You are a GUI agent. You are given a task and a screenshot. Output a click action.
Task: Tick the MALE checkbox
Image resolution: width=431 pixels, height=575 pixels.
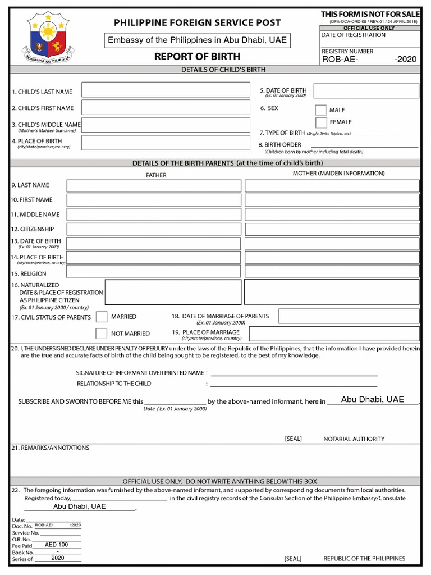click(x=320, y=110)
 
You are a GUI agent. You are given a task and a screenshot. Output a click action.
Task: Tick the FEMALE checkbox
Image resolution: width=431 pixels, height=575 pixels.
click(x=320, y=122)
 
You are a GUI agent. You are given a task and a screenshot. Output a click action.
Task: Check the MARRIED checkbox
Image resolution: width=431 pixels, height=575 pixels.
click(x=102, y=317)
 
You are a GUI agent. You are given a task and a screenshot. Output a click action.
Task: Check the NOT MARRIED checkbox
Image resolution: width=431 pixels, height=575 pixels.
click(x=102, y=334)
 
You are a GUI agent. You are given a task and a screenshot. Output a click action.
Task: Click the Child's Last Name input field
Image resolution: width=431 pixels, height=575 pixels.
click(x=166, y=90)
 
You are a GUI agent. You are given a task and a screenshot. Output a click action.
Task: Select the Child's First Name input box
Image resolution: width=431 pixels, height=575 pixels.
click(x=166, y=107)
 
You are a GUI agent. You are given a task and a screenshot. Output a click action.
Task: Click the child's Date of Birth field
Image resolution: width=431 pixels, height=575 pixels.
click(x=366, y=91)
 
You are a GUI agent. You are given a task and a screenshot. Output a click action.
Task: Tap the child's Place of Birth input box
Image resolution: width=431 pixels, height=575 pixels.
click(x=166, y=143)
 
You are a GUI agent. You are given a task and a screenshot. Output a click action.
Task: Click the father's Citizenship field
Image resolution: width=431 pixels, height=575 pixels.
click(x=154, y=229)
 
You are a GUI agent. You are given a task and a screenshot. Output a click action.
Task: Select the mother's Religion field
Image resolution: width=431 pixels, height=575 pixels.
click(x=332, y=272)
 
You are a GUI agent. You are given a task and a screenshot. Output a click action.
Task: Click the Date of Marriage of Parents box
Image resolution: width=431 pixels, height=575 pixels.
click(x=349, y=317)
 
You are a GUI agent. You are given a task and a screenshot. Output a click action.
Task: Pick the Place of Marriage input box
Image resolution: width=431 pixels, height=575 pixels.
click(x=334, y=334)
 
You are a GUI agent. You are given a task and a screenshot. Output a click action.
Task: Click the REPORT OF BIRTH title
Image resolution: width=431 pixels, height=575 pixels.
click(x=197, y=56)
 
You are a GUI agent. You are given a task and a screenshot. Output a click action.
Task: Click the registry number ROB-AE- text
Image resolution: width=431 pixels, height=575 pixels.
click(x=340, y=60)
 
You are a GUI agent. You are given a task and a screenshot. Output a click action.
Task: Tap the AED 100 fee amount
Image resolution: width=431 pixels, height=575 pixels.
click(x=57, y=545)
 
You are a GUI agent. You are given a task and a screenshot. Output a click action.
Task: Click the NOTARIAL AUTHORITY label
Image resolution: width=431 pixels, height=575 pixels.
click(x=354, y=439)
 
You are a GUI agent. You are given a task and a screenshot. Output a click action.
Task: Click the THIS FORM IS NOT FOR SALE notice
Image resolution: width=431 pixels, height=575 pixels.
click(x=370, y=13)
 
